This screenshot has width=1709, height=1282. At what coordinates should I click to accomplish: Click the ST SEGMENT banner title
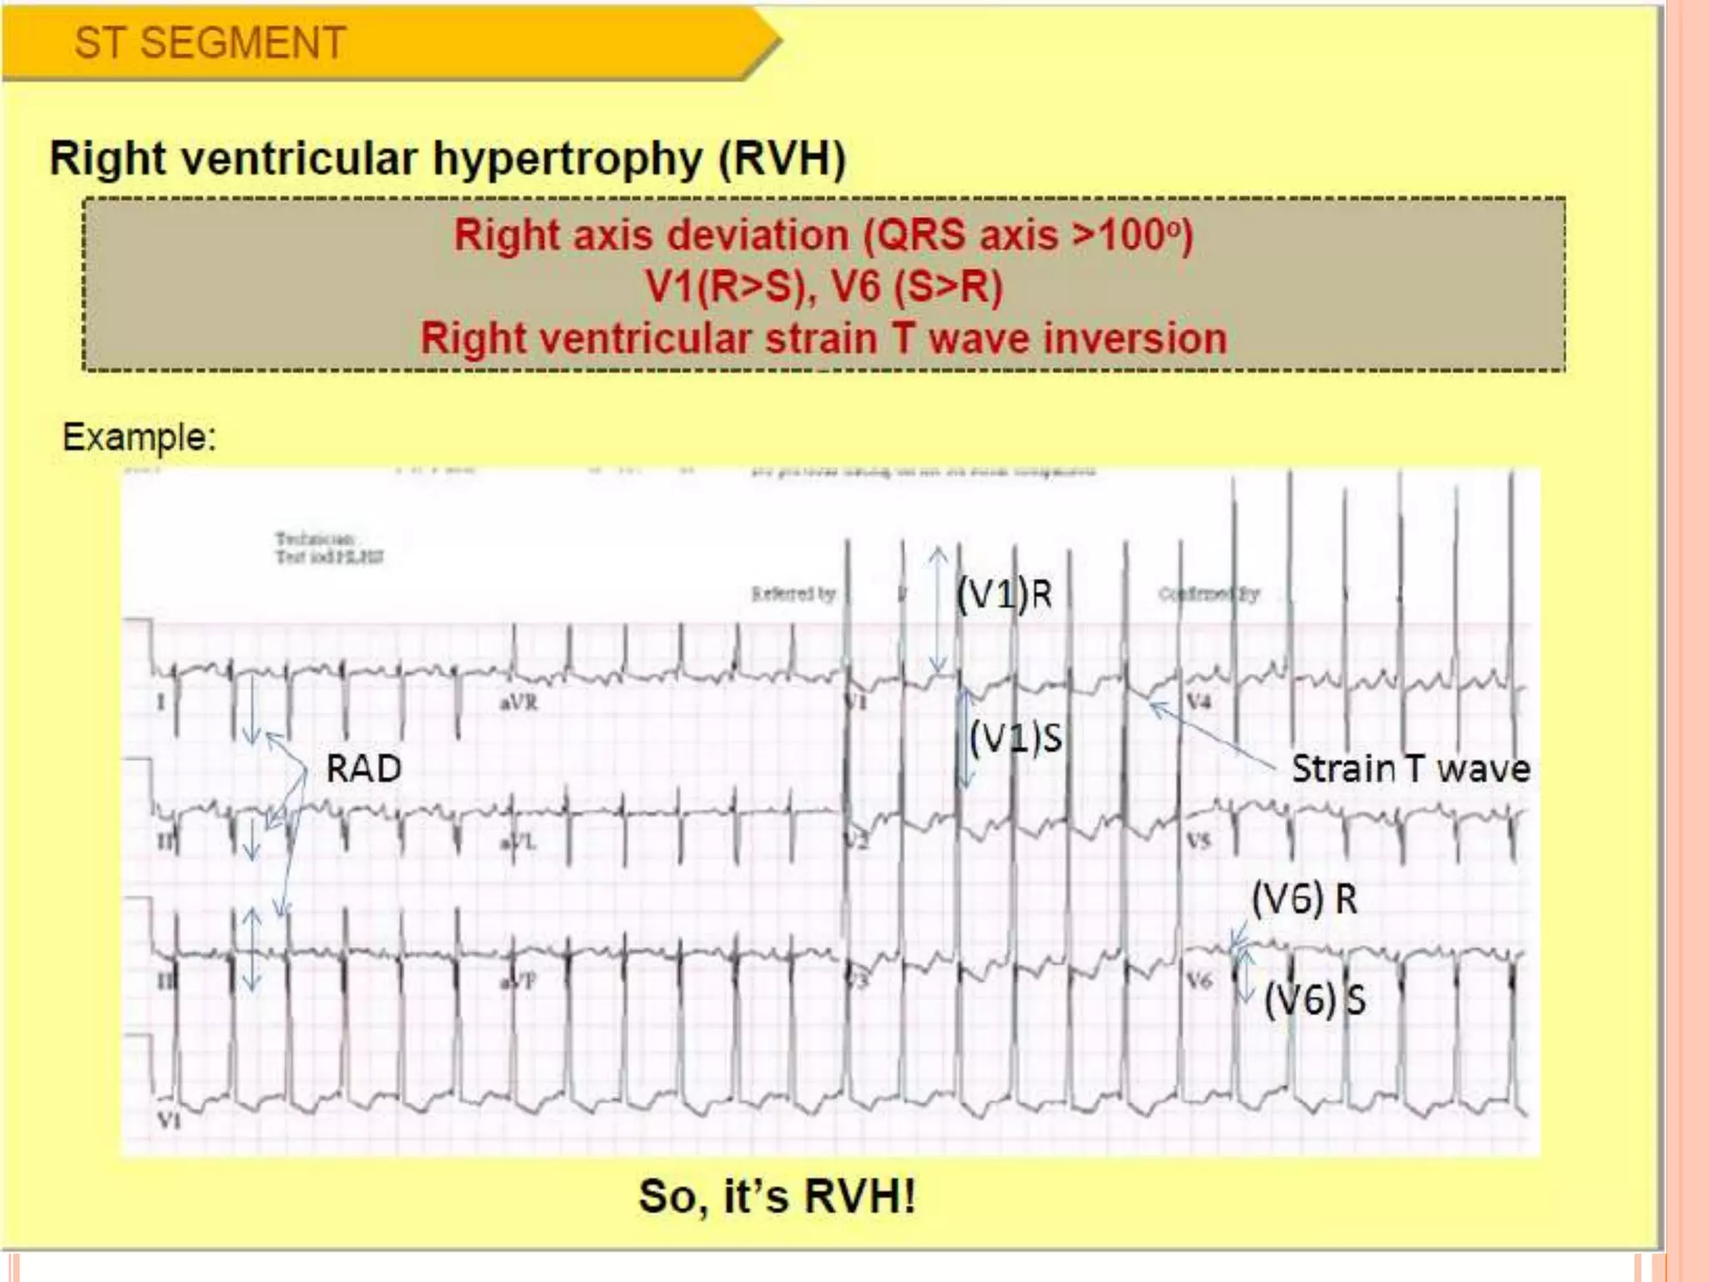tap(209, 43)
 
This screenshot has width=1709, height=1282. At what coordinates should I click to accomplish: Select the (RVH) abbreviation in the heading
tap(782, 159)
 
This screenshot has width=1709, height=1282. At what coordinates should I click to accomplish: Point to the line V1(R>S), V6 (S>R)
tap(824, 286)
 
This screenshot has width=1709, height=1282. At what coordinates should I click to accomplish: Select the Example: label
tap(139, 437)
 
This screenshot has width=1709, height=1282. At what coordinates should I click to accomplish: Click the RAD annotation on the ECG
tap(363, 768)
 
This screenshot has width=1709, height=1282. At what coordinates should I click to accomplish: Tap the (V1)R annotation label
tap(1004, 594)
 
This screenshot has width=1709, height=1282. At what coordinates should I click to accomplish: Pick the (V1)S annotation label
tap(1016, 738)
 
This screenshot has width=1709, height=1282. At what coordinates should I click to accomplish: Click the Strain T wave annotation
tap(1410, 768)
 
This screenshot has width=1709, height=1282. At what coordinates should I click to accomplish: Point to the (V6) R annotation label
tap(1304, 899)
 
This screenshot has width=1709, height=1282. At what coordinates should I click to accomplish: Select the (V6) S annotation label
tap(1314, 999)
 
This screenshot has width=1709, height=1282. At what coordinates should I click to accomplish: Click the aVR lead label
tap(518, 702)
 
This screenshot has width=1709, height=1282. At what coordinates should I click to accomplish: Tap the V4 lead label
tap(1198, 700)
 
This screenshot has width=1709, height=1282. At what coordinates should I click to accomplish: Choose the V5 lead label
tap(1198, 840)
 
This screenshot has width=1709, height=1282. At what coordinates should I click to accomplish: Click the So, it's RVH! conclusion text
tap(776, 1195)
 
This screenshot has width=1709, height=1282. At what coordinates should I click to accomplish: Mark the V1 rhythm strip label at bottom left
tap(169, 1119)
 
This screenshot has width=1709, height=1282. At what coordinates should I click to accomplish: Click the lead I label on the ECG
tap(161, 702)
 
